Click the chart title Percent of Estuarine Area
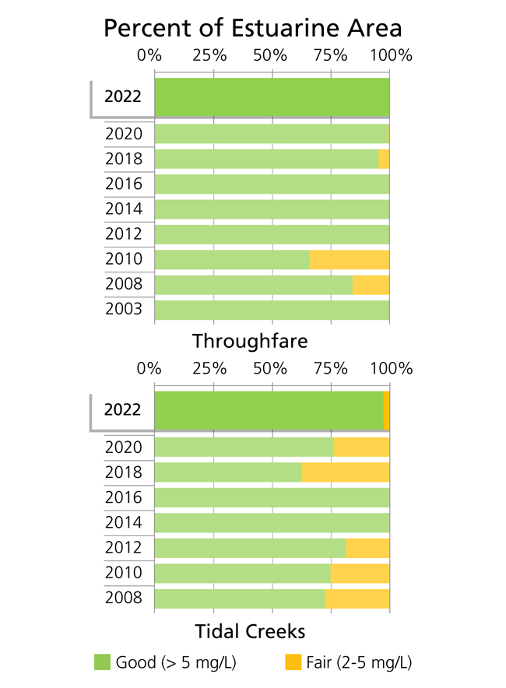click(x=253, y=28)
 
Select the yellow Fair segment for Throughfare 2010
click(x=349, y=259)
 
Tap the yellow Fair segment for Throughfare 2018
click(x=383, y=159)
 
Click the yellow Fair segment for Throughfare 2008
click(x=371, y=284)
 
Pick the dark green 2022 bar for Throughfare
click(x=272, y=97)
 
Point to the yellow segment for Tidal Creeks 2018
click(x=345, y=472)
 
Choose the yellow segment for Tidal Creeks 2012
click(x=367, y=548)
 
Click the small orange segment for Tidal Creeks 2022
click(x=386, y=409)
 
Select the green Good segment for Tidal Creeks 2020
click(x=244, y=447)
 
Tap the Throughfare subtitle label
click(x=250, y=341)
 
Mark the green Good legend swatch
click(x=103, y=663)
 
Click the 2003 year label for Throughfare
click(x=124, y=309)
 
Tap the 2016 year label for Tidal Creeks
click(x=124, y=497)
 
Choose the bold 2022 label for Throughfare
click(x=123, y=97)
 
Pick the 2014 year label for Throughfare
click(x=124, y=209)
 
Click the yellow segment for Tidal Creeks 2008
click(x=357, y=598)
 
